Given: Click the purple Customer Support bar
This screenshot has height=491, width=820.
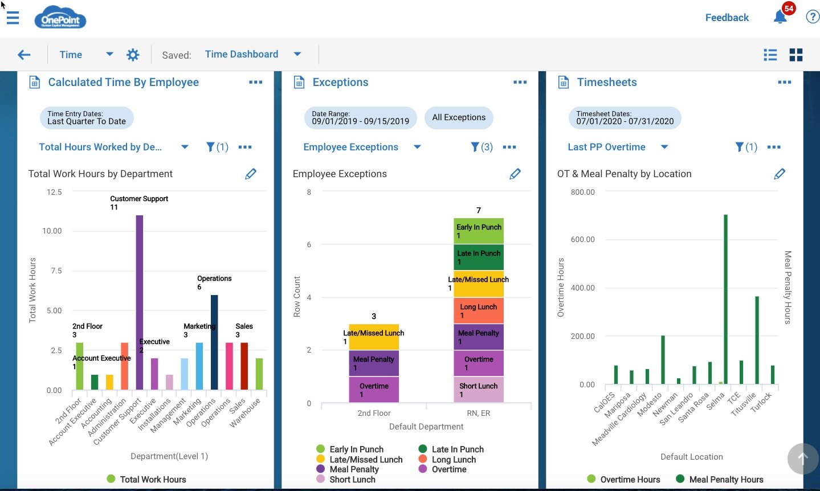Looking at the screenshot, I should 139,302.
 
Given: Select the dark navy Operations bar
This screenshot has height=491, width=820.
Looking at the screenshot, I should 214,342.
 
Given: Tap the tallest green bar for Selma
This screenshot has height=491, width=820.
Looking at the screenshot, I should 725,299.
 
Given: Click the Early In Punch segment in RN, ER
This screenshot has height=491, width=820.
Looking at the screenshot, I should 479,231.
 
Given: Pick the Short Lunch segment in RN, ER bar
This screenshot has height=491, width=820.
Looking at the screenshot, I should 479,390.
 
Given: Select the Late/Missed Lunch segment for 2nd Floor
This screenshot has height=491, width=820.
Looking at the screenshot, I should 374,337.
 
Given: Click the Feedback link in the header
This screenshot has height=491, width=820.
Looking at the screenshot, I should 727,18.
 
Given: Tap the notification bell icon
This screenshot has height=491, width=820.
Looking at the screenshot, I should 780,17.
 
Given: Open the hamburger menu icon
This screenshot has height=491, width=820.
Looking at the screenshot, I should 13,18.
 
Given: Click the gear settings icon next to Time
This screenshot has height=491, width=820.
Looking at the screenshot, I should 133,55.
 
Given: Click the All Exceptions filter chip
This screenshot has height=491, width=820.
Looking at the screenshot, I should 459,117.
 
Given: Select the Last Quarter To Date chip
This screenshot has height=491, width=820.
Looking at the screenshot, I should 87,118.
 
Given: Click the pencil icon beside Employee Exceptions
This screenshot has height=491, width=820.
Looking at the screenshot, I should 515,174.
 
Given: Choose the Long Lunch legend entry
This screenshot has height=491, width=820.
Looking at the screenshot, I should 453,460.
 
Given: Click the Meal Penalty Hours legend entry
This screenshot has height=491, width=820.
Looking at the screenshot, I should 725,480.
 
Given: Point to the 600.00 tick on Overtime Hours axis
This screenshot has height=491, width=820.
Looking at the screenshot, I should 582,239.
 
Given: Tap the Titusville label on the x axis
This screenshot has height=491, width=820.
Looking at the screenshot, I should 744,404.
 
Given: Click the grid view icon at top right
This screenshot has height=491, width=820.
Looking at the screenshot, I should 796,55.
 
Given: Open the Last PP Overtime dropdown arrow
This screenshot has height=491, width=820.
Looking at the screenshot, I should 664,147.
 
